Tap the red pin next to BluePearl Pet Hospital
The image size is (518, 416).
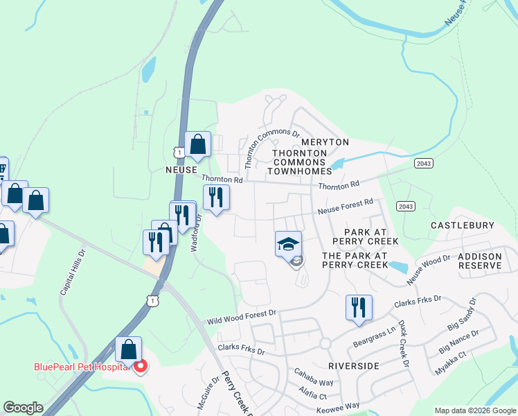tap(141, 366)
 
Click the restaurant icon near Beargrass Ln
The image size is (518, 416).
tap(359, 308)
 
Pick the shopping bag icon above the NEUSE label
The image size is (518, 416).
tap(197, 146)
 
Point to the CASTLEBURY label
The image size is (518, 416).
tap(463, 225)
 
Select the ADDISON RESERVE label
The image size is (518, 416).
tap(480, 261)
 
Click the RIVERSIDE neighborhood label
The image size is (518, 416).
tap(353, 365)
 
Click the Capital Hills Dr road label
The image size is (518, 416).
tap(73, 272)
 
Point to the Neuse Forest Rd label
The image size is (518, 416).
tap(346, 206)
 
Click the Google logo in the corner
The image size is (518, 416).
tap(22, 408)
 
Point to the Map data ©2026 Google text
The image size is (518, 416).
tap(474, 410)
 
